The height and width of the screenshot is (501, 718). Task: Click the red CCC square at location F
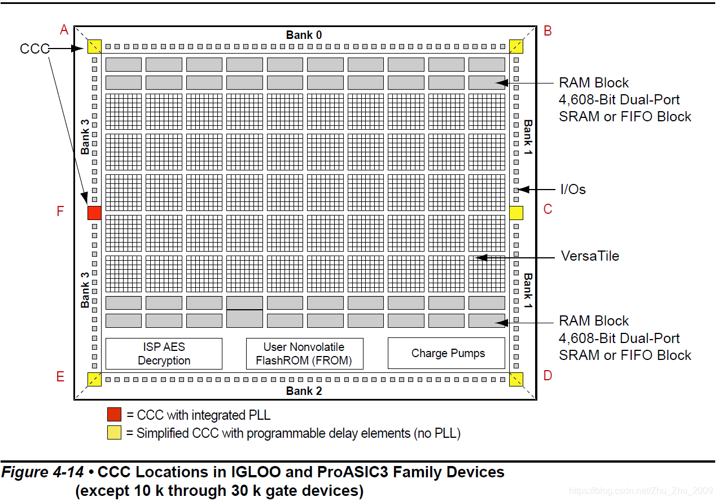pyautogui.click(x=94, y=213)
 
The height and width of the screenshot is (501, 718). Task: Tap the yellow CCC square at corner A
pyautogui.click(x=94, y=46)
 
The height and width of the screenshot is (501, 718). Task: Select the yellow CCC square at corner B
pyautogui.click(x=516, y=46)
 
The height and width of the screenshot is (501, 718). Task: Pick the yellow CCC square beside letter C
pyautogui.click(x=516, y=213)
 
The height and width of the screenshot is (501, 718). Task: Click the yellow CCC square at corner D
pyautogui.click(x=516, y=379)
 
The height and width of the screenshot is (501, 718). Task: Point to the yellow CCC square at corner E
pyautogui.click(x=94, y=379)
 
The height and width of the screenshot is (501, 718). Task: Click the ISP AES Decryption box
pyautogui.click(x=164, y=354)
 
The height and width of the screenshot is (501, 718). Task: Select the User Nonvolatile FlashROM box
pyautogui.click(x=304, y=354)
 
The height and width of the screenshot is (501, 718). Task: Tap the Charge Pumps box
pyautogui.click(x=446, y=354)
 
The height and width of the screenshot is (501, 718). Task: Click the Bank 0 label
pyautogui.click(x=304, y=35)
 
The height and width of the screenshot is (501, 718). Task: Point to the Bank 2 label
pyautogui.click(x=304, y=391)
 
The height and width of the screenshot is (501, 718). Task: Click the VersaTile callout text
pyautogui.click(x=590, y=256)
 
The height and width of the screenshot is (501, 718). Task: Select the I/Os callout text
pyautogui.click(x=573, y=190)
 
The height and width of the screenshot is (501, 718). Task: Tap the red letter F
pyautogui.click(x=60, y=212)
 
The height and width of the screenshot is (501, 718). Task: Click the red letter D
pyautogui.click(x=548, y=375)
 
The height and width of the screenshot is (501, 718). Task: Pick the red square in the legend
pyautogui.click(x=114, y=415)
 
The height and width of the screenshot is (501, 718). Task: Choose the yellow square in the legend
pyautogui.click(x=114, y=433)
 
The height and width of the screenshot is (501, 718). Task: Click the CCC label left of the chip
pyautogui.click(x=34, y=49)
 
